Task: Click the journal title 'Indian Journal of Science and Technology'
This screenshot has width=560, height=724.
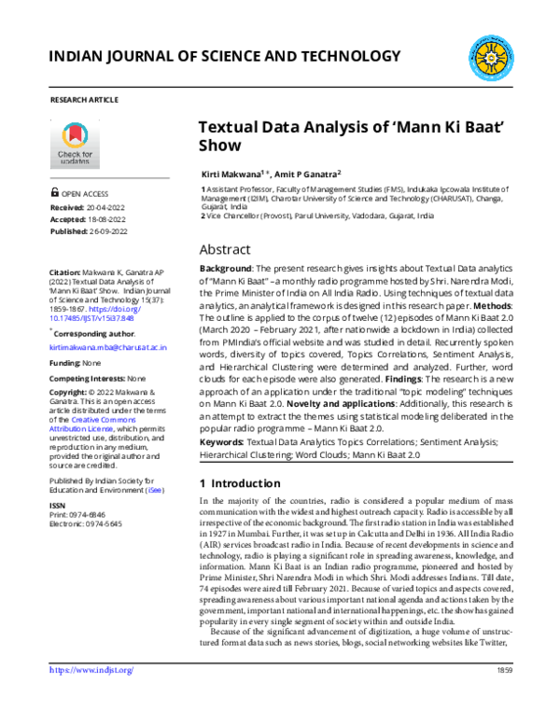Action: tap(223, 59)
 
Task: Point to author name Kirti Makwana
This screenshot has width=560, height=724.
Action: tap(232, 174)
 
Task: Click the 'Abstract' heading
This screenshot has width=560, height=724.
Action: tap(225, 249)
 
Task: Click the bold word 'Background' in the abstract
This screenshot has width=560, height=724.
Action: tap(227, 269)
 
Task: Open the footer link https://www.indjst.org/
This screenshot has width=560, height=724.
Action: tap(91, 696)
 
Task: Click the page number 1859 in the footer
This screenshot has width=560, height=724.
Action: tap(505, 697)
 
